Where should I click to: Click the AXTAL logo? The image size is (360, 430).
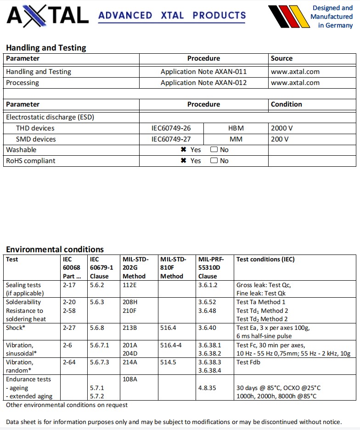47,16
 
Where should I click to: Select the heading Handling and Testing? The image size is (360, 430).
46,48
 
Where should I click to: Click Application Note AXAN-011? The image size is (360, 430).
203,72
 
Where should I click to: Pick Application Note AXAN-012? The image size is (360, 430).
203,83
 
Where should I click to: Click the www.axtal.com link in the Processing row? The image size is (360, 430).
295,83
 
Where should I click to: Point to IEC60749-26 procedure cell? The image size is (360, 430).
171,128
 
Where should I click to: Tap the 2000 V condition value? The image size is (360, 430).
281,128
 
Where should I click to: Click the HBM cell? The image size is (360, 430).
236,128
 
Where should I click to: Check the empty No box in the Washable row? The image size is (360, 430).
214,150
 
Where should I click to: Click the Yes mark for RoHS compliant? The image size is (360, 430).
184,161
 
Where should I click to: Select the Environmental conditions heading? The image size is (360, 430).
55,249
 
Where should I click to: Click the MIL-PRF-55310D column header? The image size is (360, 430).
209,267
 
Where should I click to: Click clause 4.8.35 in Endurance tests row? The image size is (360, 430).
207,388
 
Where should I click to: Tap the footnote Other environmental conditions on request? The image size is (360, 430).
67,405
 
